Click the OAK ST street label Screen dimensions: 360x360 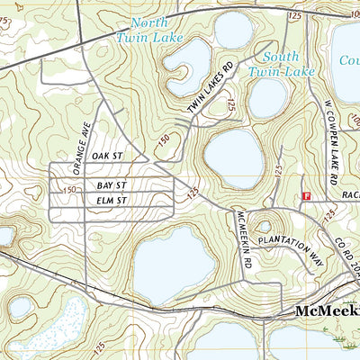[x=105, y=156]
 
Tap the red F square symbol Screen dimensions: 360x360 [x=307, y=195]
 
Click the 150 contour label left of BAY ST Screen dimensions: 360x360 [x=70, y=190]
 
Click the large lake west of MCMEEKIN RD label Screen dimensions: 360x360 [x=175, y=265]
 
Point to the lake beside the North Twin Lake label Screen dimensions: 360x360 [x=186, y=65]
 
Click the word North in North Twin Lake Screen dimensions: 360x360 [x=148, y=22]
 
